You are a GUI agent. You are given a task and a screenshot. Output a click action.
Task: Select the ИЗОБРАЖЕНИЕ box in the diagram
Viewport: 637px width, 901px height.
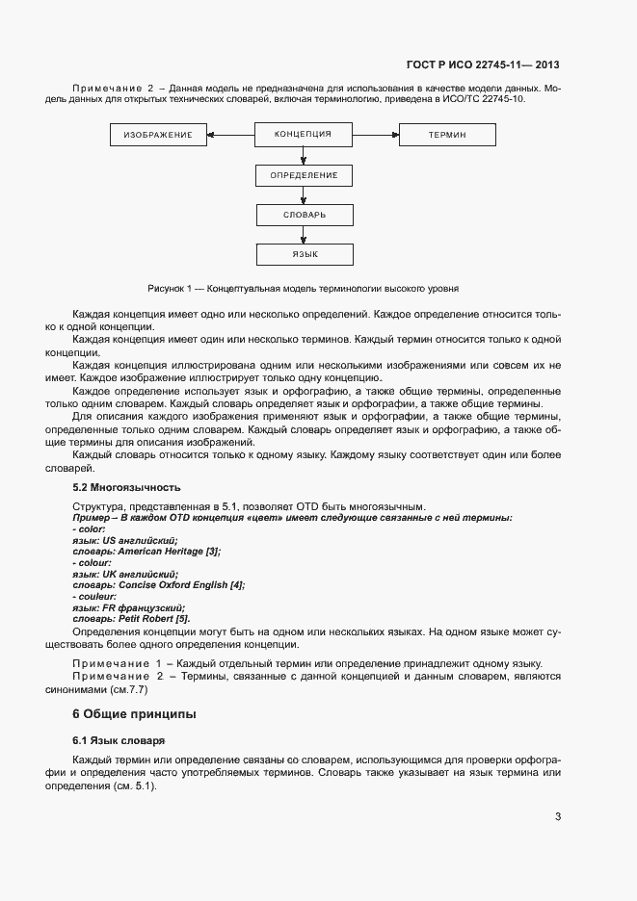point(158,136)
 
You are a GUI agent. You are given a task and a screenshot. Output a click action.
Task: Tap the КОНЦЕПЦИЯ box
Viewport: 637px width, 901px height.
point(304,134)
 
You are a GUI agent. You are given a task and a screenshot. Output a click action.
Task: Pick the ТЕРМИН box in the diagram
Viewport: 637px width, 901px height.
point(447,136)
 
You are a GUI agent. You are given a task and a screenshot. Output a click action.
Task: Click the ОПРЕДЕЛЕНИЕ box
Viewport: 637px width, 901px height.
point(304,175)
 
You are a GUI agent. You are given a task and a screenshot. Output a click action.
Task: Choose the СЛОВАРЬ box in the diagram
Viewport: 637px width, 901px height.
point(304,215)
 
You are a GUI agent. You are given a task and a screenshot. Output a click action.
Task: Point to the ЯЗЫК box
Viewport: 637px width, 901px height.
point(304,254)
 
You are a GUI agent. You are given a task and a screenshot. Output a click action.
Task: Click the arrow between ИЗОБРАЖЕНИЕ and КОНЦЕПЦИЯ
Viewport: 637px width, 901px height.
point(230,136)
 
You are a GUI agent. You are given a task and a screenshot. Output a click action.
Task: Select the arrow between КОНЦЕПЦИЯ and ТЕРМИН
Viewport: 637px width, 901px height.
point(376,136)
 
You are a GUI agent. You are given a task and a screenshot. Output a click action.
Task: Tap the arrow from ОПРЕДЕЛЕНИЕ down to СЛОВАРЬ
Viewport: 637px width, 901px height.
point(304,194)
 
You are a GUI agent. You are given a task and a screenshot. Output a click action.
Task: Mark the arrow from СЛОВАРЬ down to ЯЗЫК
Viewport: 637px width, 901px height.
point(304,234)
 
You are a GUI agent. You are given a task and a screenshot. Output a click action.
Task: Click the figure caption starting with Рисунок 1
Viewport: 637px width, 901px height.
point(303,288)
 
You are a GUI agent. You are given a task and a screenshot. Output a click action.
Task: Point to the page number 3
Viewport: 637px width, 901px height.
point(558,817)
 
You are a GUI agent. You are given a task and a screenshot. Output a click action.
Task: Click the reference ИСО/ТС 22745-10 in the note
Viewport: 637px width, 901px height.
point(479,100)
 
